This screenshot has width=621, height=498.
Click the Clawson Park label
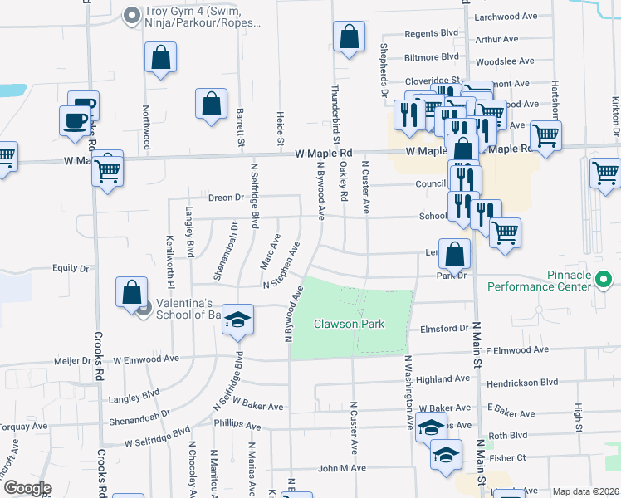(x=349, y=324)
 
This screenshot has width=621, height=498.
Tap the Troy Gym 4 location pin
(x=131, y=16)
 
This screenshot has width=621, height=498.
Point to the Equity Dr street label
(x=71, y=269)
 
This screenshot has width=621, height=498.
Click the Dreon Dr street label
(x=226, y=198)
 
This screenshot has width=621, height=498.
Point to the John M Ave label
(x=341, y=468)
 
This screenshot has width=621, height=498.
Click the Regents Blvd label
(x=432, y=33)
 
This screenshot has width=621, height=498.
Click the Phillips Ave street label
(x=237, y=426)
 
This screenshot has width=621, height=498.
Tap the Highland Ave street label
(x=443, y=379)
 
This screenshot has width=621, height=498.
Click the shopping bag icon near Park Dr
(x=454, y=255)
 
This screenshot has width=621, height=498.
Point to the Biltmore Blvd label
(x=431, y=56)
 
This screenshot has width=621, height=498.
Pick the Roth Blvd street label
(x=508, y=435)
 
